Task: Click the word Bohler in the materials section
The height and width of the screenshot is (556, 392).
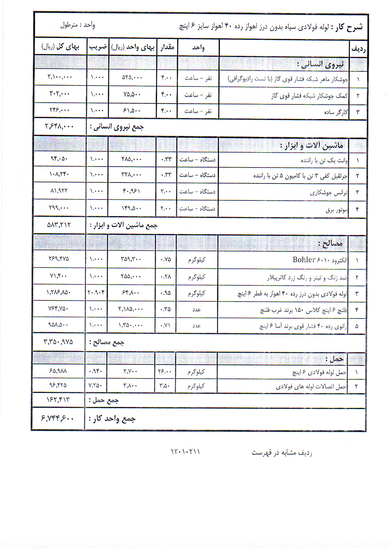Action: (304, 259)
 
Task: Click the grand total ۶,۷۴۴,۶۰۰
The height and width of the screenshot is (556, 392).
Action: (58, 418)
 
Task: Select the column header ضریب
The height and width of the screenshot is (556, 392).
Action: (98, 47)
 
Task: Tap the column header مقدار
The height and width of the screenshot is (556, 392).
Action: (167, 47)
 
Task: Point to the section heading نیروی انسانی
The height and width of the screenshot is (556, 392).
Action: (320, 64)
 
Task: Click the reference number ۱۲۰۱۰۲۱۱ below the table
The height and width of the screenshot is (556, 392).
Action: (185, 452)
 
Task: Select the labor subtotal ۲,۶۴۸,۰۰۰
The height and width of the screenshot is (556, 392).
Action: (59, 126)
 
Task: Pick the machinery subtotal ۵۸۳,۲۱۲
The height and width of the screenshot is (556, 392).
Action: (59, 225)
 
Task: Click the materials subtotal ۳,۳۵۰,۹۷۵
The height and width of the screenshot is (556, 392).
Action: (58, 342)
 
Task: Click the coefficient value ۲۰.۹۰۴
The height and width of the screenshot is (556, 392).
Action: (96, 292)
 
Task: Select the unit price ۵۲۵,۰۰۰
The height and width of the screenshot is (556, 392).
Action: (132, 78)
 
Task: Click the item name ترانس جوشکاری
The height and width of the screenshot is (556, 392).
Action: (329, 193)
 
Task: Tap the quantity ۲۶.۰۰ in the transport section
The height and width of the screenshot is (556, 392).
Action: (165, 372)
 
